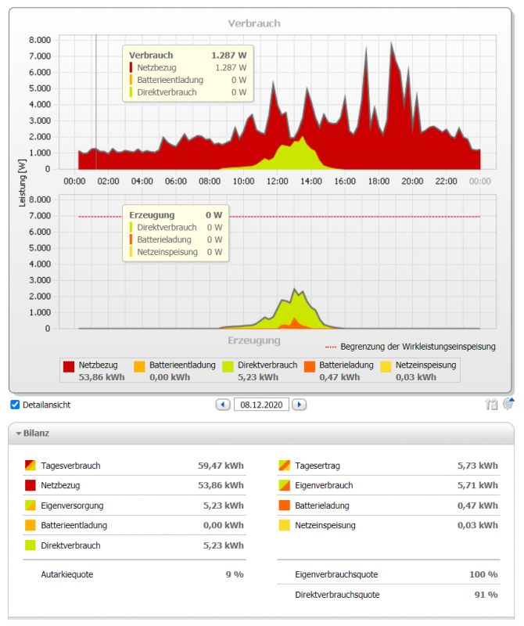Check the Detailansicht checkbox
[15, 405]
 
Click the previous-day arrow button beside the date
[223, 405]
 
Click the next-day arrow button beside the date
[299, 405]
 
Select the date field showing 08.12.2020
[260, 405]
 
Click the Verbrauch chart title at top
[254, 23]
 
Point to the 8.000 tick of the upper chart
[39, 40]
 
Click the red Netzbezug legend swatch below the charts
[69, 366]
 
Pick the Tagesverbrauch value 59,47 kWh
[221, 466]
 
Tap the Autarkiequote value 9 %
[234, 574]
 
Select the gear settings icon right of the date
[508, 404]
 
